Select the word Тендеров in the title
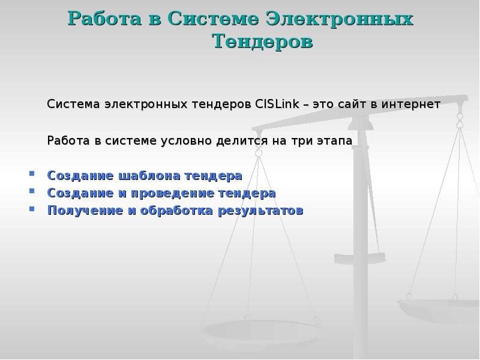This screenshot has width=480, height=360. pyautogui.click(x=263, y=42)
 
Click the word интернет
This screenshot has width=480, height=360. pyautogui.click(x=413, y=104)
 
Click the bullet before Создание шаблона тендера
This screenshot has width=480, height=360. pyautogui.click(x=31, y=175)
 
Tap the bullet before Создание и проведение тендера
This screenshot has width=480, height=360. pyautogui.click(x=31, y=193)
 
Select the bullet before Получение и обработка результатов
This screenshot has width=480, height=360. pyautogui.click(x=31, y=210)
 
